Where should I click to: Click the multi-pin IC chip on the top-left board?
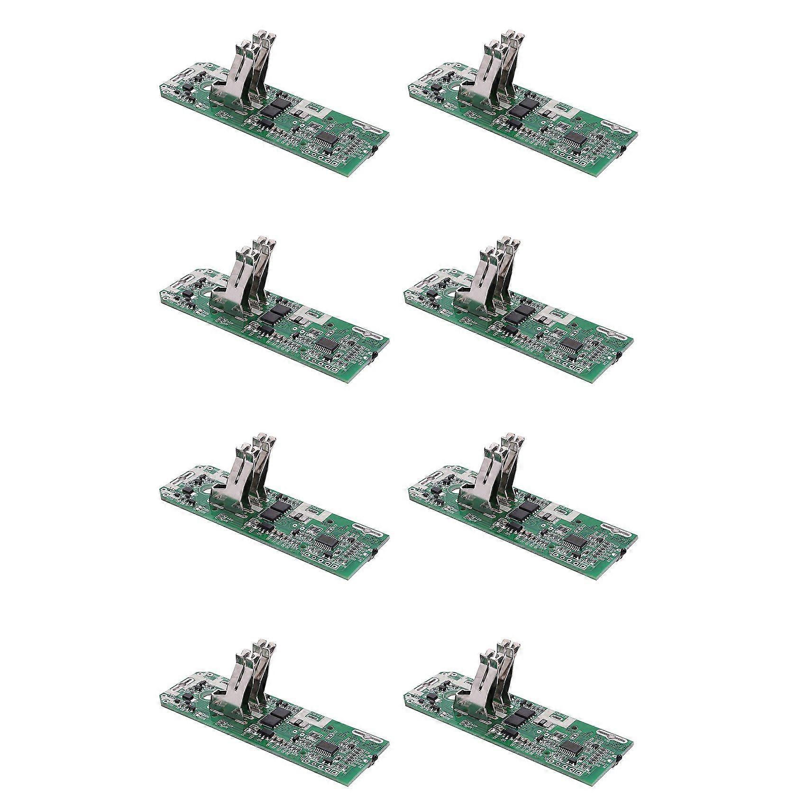[328, 138]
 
